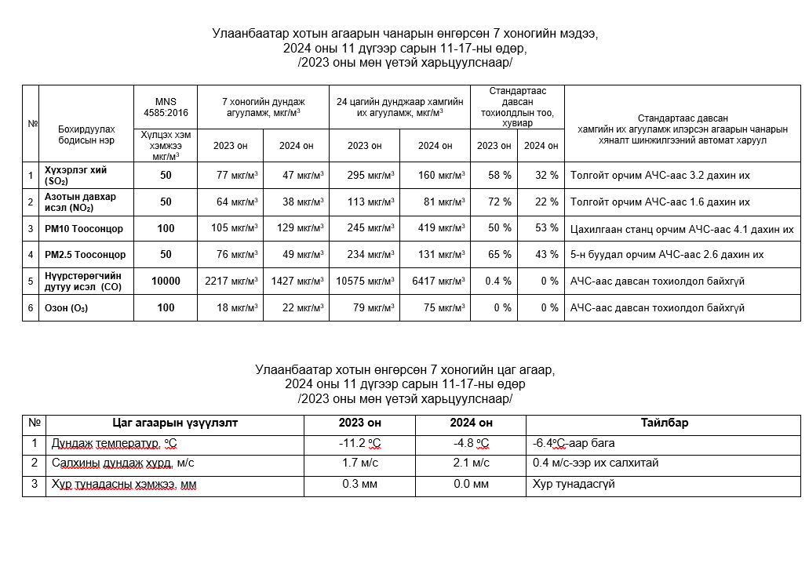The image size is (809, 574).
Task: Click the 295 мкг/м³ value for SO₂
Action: click(x=370, y=175)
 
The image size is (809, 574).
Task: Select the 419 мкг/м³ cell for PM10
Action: click(x=440, y=229)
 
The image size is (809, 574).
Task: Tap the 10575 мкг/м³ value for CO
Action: click(x=366, y=281)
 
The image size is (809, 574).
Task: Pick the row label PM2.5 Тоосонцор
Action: click(x=85, y=255)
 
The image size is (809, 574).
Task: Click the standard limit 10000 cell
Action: click(x=166, y=281)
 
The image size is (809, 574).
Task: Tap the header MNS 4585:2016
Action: click(x=166, y=107)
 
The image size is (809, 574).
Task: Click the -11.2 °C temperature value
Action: click(x=360, y=444)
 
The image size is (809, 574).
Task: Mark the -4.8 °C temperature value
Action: click(x=471, y=444)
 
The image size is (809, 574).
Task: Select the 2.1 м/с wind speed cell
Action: click(x=471, y=463)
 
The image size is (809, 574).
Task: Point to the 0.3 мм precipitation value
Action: click(x=360, y=484)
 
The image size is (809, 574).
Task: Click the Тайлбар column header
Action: click(x=664, y=423)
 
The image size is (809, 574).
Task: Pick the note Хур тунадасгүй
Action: click(x=573, y=484)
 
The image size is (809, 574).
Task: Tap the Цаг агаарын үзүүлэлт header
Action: click(x=175, y=423)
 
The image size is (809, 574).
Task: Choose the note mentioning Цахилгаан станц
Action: click(x=682, y=229)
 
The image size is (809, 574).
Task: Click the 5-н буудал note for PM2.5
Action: click(x=667, y=255)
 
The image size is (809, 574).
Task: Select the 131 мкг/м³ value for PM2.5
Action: click(x=440, y=255)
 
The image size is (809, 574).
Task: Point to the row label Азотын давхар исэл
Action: click(x=80, y=202)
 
